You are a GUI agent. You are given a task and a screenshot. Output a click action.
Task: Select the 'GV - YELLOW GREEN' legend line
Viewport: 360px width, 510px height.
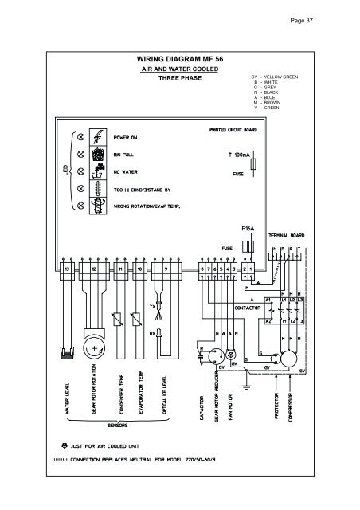(x=276, y=76)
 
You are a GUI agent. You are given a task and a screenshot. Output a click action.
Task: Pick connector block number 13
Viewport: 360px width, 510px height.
(x=67, y=270)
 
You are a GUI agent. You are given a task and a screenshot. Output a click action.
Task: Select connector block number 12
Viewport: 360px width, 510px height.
(x=94, y=270)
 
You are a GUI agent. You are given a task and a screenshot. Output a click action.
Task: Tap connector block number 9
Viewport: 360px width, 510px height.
(x=165, y=270)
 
